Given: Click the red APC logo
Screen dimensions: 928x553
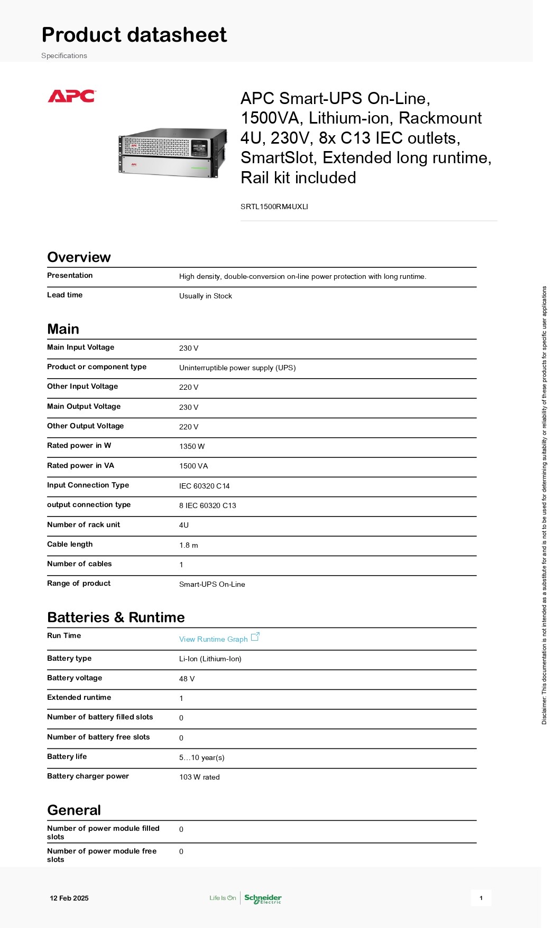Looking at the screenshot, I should pyautogui.click(x=71, y=96).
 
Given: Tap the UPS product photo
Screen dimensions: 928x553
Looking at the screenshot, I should pyautogui.click(x=172, y=152).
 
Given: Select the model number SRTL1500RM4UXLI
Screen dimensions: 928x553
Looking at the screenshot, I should pyautogui.click(x=274, y=207).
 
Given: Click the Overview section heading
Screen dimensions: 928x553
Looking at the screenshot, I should pyautogui.click(x=79, y=257).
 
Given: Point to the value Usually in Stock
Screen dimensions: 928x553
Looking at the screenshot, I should pyautogui.click(x=205, y=296).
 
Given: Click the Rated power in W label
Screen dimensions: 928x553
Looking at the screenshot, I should pyautogui.click(x=79, y=445).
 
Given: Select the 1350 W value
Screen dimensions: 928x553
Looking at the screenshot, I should pyautogui.click(x=191, y=446).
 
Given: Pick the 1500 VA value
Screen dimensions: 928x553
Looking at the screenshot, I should pyautogui.click(x=193, y=466).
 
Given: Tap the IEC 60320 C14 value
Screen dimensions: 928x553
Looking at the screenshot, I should pyautogui.click(x=204, y=486).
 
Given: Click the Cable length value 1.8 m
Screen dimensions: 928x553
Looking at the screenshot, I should pyautogui.click(x=188, y=545).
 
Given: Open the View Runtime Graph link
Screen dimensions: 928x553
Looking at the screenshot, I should pyautogui.click(x=213, y=639).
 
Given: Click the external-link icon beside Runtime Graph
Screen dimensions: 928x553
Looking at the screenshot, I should pyautogui.click(x=255, y=636).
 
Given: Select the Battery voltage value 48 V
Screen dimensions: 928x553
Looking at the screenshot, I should pyautogui.click(x=187, y=679).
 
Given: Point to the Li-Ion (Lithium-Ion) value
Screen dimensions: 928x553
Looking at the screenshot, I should pyautogui.click(x=210, y=659).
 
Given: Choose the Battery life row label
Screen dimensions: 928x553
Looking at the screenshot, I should pyautogui.click(x=67, y=756).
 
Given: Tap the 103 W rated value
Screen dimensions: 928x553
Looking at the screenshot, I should pyautogui.click(x=199, y=777).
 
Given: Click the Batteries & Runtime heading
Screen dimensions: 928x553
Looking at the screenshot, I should pyautogui.click(x=116, y=617).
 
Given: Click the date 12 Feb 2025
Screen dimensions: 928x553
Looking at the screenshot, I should pyautogui.click(x=69, y=898).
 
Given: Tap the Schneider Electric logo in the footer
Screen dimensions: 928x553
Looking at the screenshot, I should pyautogui.click(x=263, y=898).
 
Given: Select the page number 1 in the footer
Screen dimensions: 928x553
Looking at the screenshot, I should pyautogui.click(x=481, y=898).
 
